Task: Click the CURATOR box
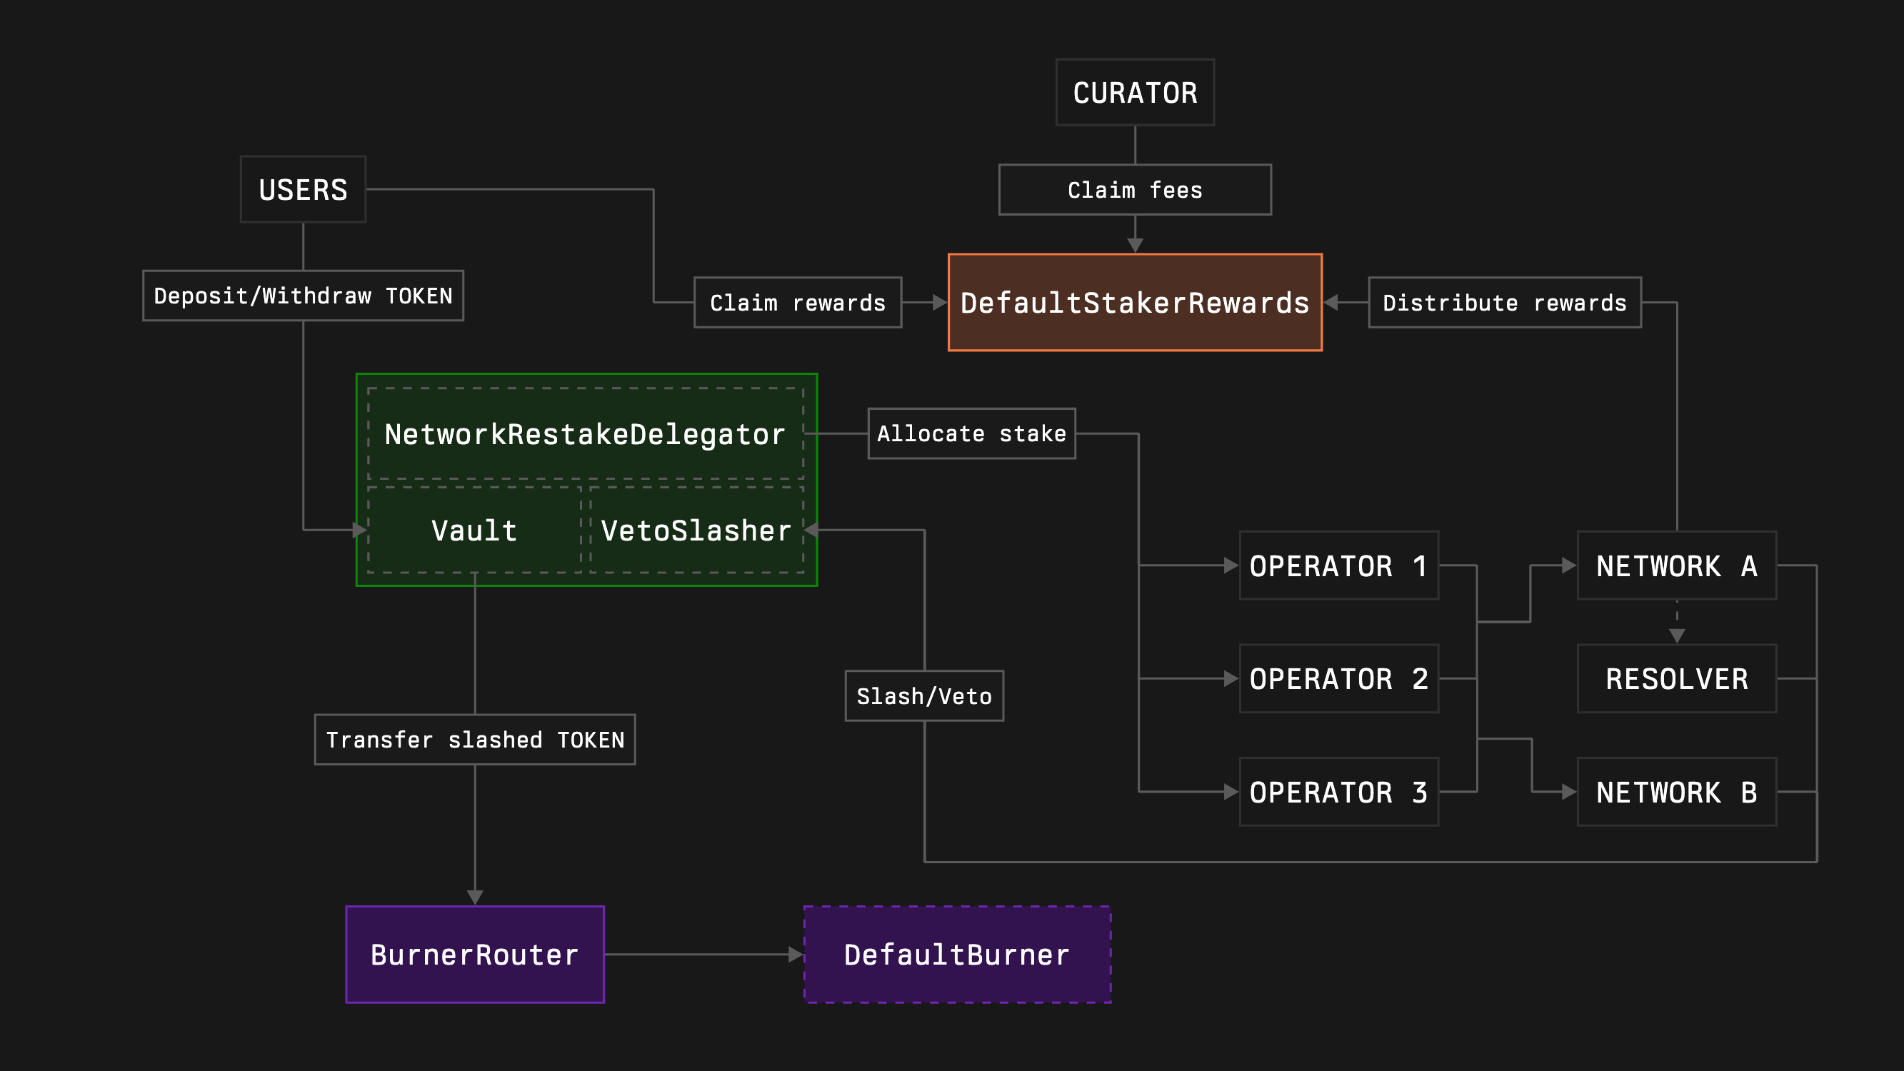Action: pos(1135,92)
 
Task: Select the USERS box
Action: pos(303,189)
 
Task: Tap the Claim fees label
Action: pos(1135,190)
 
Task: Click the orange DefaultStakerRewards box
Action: pos(1135,302)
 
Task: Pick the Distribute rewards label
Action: pos(1504,302)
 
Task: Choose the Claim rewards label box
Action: pos(798,302)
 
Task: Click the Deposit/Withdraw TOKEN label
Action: pos(303,296)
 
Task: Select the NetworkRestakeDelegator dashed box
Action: pos(585,434)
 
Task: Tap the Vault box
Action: pos(474,530)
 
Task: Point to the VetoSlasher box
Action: pos(696,530)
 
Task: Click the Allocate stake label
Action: pos(971,434)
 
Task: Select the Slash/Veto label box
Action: pos(924,695)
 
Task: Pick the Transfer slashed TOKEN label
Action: pos(474,739)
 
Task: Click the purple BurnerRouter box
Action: pos(474,954)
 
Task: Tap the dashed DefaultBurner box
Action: pos(957,954)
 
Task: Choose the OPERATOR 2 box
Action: pos(1338,678)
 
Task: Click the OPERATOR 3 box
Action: pos(1338,792)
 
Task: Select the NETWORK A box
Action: pos(1676,565)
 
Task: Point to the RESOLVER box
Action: pos(1676,678)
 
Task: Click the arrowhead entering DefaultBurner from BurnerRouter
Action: pos(796,954)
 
